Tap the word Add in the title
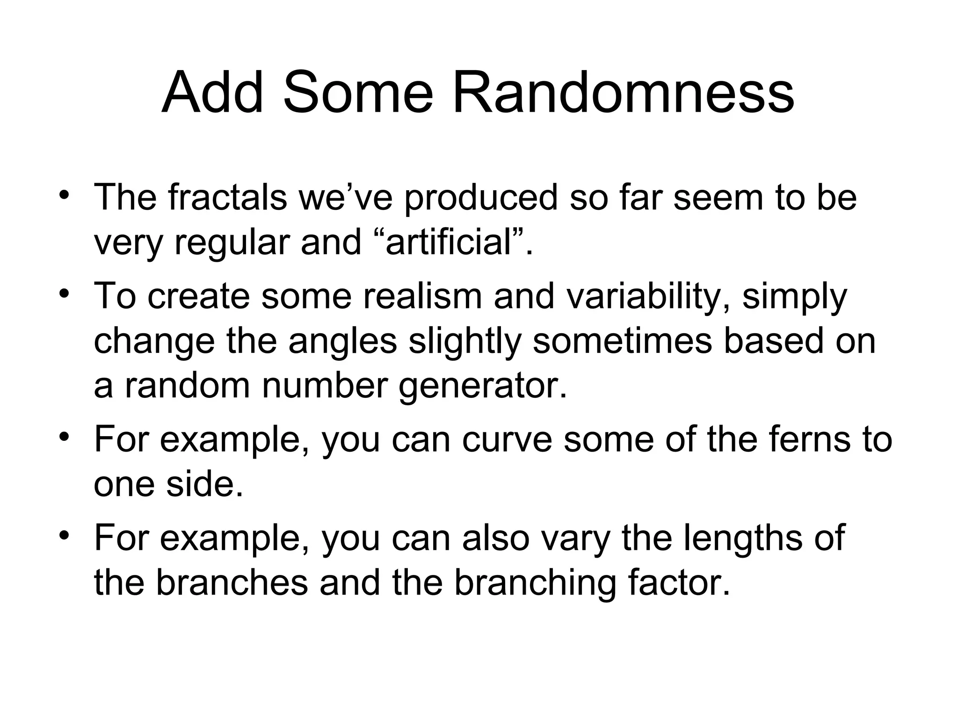[213, 93]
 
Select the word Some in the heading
[358, 93]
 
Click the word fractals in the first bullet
[228, 197]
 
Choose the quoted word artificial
[449, 243]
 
